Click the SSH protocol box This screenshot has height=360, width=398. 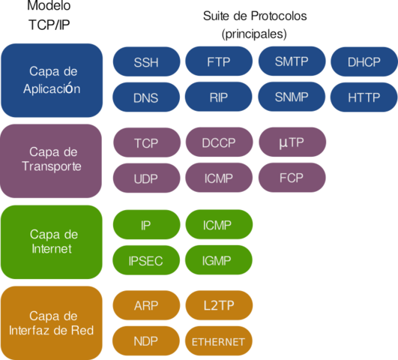(x=146, y=61)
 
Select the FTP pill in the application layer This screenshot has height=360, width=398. (x=219, y=61)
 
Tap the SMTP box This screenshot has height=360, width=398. (x=292, y=61)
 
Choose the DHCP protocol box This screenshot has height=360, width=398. (x=364, y=61)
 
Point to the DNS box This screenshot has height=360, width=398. (x=146, y=97)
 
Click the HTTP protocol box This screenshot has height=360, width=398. (x=364, y=97)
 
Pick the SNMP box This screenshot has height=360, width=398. (x=292, y=97)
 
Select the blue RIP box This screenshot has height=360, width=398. (x=219, y=97)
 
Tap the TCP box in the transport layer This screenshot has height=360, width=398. (x=146, y=142)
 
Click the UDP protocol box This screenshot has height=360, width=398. (x=146, y=178)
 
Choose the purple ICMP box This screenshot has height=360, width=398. (x=219, y=178)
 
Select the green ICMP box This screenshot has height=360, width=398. (x=219, y=224)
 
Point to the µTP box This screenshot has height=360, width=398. (x=292, y=142)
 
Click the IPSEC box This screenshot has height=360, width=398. (x=146, y=260)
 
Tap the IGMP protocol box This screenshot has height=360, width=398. (x=219, y=260)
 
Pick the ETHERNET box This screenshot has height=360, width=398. (x=219, y=341)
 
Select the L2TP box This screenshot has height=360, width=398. (x=219, y=305)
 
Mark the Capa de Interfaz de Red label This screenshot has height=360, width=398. (x=52, y=322)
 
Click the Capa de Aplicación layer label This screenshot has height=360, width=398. (x=52, y=79)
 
